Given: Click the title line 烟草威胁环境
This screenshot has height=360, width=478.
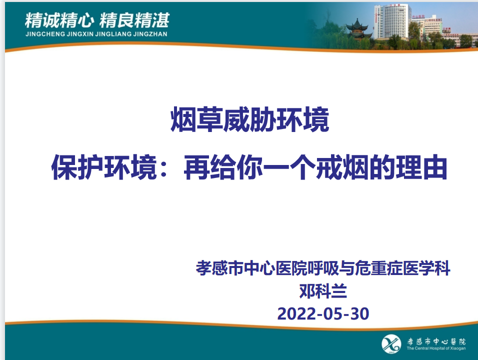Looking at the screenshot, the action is point(249,119).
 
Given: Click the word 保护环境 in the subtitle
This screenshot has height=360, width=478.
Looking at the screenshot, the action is point(104,167).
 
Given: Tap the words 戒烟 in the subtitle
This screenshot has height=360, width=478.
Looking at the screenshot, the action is point(342,167).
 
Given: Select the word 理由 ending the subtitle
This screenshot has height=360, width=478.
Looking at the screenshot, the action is point(421,167).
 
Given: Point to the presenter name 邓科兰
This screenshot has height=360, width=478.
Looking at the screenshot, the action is point(323,291).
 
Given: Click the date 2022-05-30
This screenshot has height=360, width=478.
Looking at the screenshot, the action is point(323,313).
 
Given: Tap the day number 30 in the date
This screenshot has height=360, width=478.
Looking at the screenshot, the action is point(359,313).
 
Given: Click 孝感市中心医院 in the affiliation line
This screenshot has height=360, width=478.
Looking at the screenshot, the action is point(251,268).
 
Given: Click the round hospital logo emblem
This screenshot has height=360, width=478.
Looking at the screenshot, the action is point(391,344).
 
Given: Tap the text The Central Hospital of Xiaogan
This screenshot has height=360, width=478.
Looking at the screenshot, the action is point(436,348).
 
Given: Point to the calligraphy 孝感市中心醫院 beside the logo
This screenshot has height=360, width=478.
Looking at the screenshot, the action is point(436,341).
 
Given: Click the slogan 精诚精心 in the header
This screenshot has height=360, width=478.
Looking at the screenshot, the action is point(59,20).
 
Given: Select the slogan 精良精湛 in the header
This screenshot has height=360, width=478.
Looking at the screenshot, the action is point(134,20).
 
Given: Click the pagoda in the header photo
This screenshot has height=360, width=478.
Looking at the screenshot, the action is point(357,30).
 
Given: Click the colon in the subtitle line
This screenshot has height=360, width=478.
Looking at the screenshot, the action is point(163,168).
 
